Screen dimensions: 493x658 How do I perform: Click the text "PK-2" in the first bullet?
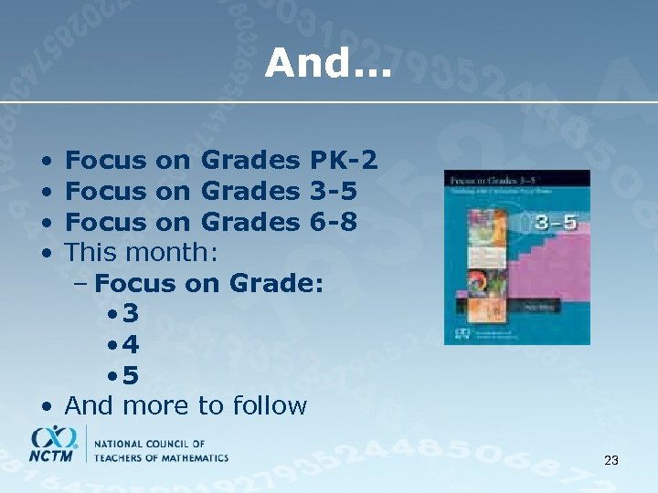tap(344, 162)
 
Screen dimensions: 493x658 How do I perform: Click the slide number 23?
tap(611, 461)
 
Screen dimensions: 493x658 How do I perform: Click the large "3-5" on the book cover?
tap(556, 222)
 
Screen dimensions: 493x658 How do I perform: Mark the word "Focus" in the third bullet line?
tap(106, 222)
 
